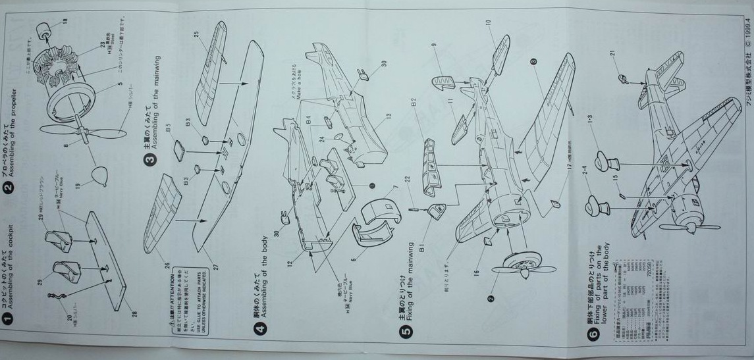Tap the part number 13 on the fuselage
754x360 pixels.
389,116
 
